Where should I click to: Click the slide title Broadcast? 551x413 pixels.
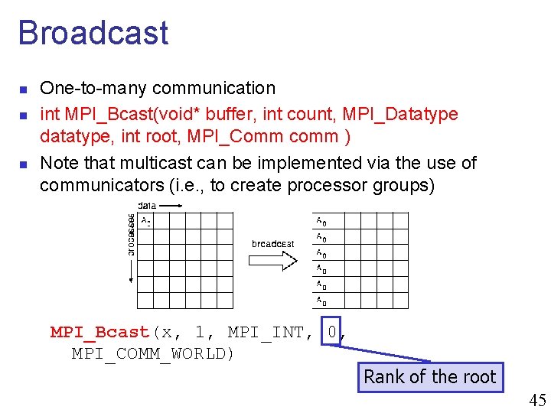point(93,33)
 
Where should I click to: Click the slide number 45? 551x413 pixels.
point(537,400)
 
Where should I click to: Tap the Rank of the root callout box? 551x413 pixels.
point(430,377)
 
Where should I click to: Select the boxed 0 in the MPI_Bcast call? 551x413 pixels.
point(331,332)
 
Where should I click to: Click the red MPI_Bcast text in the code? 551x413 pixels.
point(99,332)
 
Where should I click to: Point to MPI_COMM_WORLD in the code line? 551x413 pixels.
point(153,353)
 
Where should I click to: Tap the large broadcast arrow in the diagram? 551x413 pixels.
point(272,260)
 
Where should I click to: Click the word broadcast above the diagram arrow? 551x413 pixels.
point(272,244)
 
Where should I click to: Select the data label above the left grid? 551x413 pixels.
point(147,205)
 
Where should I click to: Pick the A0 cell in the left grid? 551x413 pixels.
point(145,222)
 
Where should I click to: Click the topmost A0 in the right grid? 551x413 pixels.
point(322,222)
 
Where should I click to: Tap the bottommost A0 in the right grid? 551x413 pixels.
point(322,301)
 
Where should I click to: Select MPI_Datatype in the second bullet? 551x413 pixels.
point(411,115)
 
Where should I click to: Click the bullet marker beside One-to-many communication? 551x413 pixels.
point(23,89)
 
